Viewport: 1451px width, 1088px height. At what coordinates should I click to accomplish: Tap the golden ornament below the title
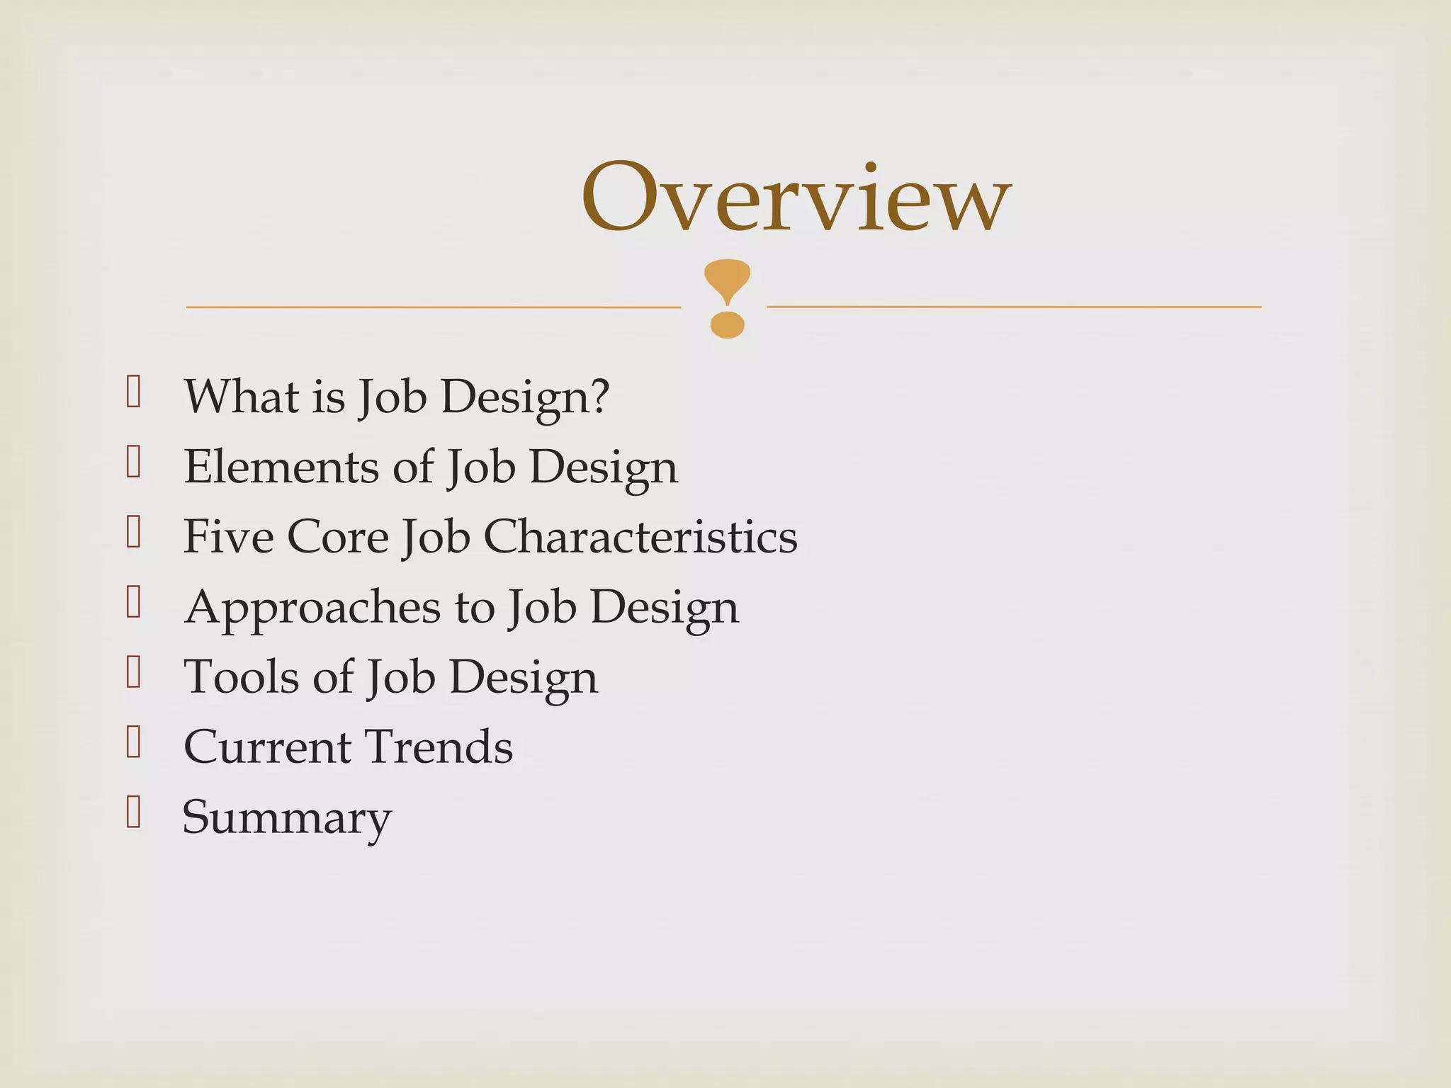pos(727,298)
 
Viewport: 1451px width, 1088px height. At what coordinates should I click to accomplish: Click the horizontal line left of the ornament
pos(433,307)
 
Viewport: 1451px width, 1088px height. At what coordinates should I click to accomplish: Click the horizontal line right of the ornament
pos(1014,307)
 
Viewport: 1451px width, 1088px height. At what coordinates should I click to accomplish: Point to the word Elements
pos(281,467)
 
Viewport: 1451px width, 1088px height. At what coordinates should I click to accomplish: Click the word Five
pos(228,536)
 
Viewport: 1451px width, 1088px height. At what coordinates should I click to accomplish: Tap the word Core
pos(338,536)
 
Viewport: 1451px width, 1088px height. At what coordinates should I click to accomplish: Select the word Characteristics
pos(640,536)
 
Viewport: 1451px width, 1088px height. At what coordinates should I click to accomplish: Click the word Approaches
pos(312,608)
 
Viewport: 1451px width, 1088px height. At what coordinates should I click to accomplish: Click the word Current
pos(267,747)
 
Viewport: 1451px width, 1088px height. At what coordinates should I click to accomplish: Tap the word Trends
pos(439,747)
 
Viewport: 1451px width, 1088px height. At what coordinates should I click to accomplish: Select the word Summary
pos(287,818)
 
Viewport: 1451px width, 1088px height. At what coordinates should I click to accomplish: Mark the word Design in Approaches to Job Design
pos(665,608)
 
